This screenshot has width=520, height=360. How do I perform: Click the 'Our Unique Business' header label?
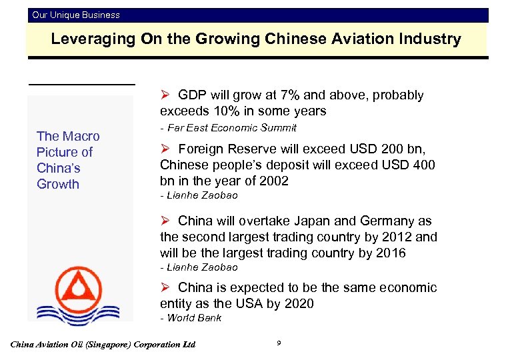(x=76, y=15)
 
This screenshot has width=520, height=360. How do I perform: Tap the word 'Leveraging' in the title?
(x=93, y=39)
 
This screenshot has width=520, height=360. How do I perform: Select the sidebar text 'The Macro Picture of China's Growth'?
(x=67, y=160)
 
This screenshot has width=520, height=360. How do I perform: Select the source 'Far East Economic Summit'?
(x=231, y=127)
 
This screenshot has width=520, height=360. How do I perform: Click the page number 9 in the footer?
(x=278, y=343)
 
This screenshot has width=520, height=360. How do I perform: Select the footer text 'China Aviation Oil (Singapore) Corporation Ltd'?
(x=103, y=345)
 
